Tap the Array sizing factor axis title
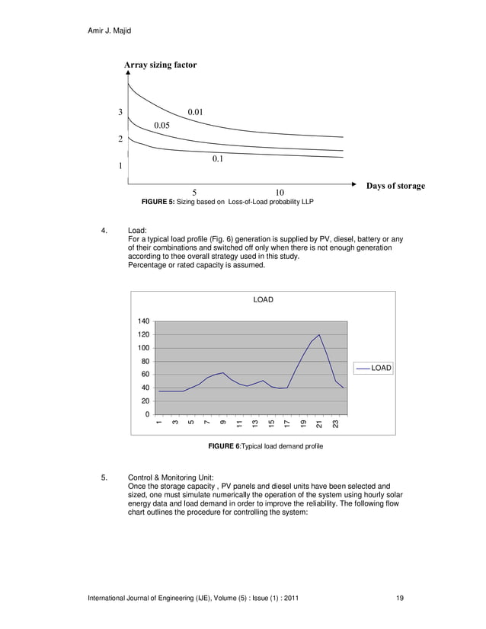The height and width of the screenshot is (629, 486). [x=160, y=65]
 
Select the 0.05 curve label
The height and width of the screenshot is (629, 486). [x=161, y=125]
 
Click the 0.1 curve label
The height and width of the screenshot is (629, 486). [x=218, y=159]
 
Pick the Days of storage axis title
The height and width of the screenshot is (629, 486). [x=395, y=186]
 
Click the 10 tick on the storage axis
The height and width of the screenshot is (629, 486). [x=280, y=193]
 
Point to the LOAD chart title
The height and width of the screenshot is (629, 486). [x=263, y=300]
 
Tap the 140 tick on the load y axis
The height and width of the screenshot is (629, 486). [x=143, y=321]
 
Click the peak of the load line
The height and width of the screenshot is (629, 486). [x=319, y=334]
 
